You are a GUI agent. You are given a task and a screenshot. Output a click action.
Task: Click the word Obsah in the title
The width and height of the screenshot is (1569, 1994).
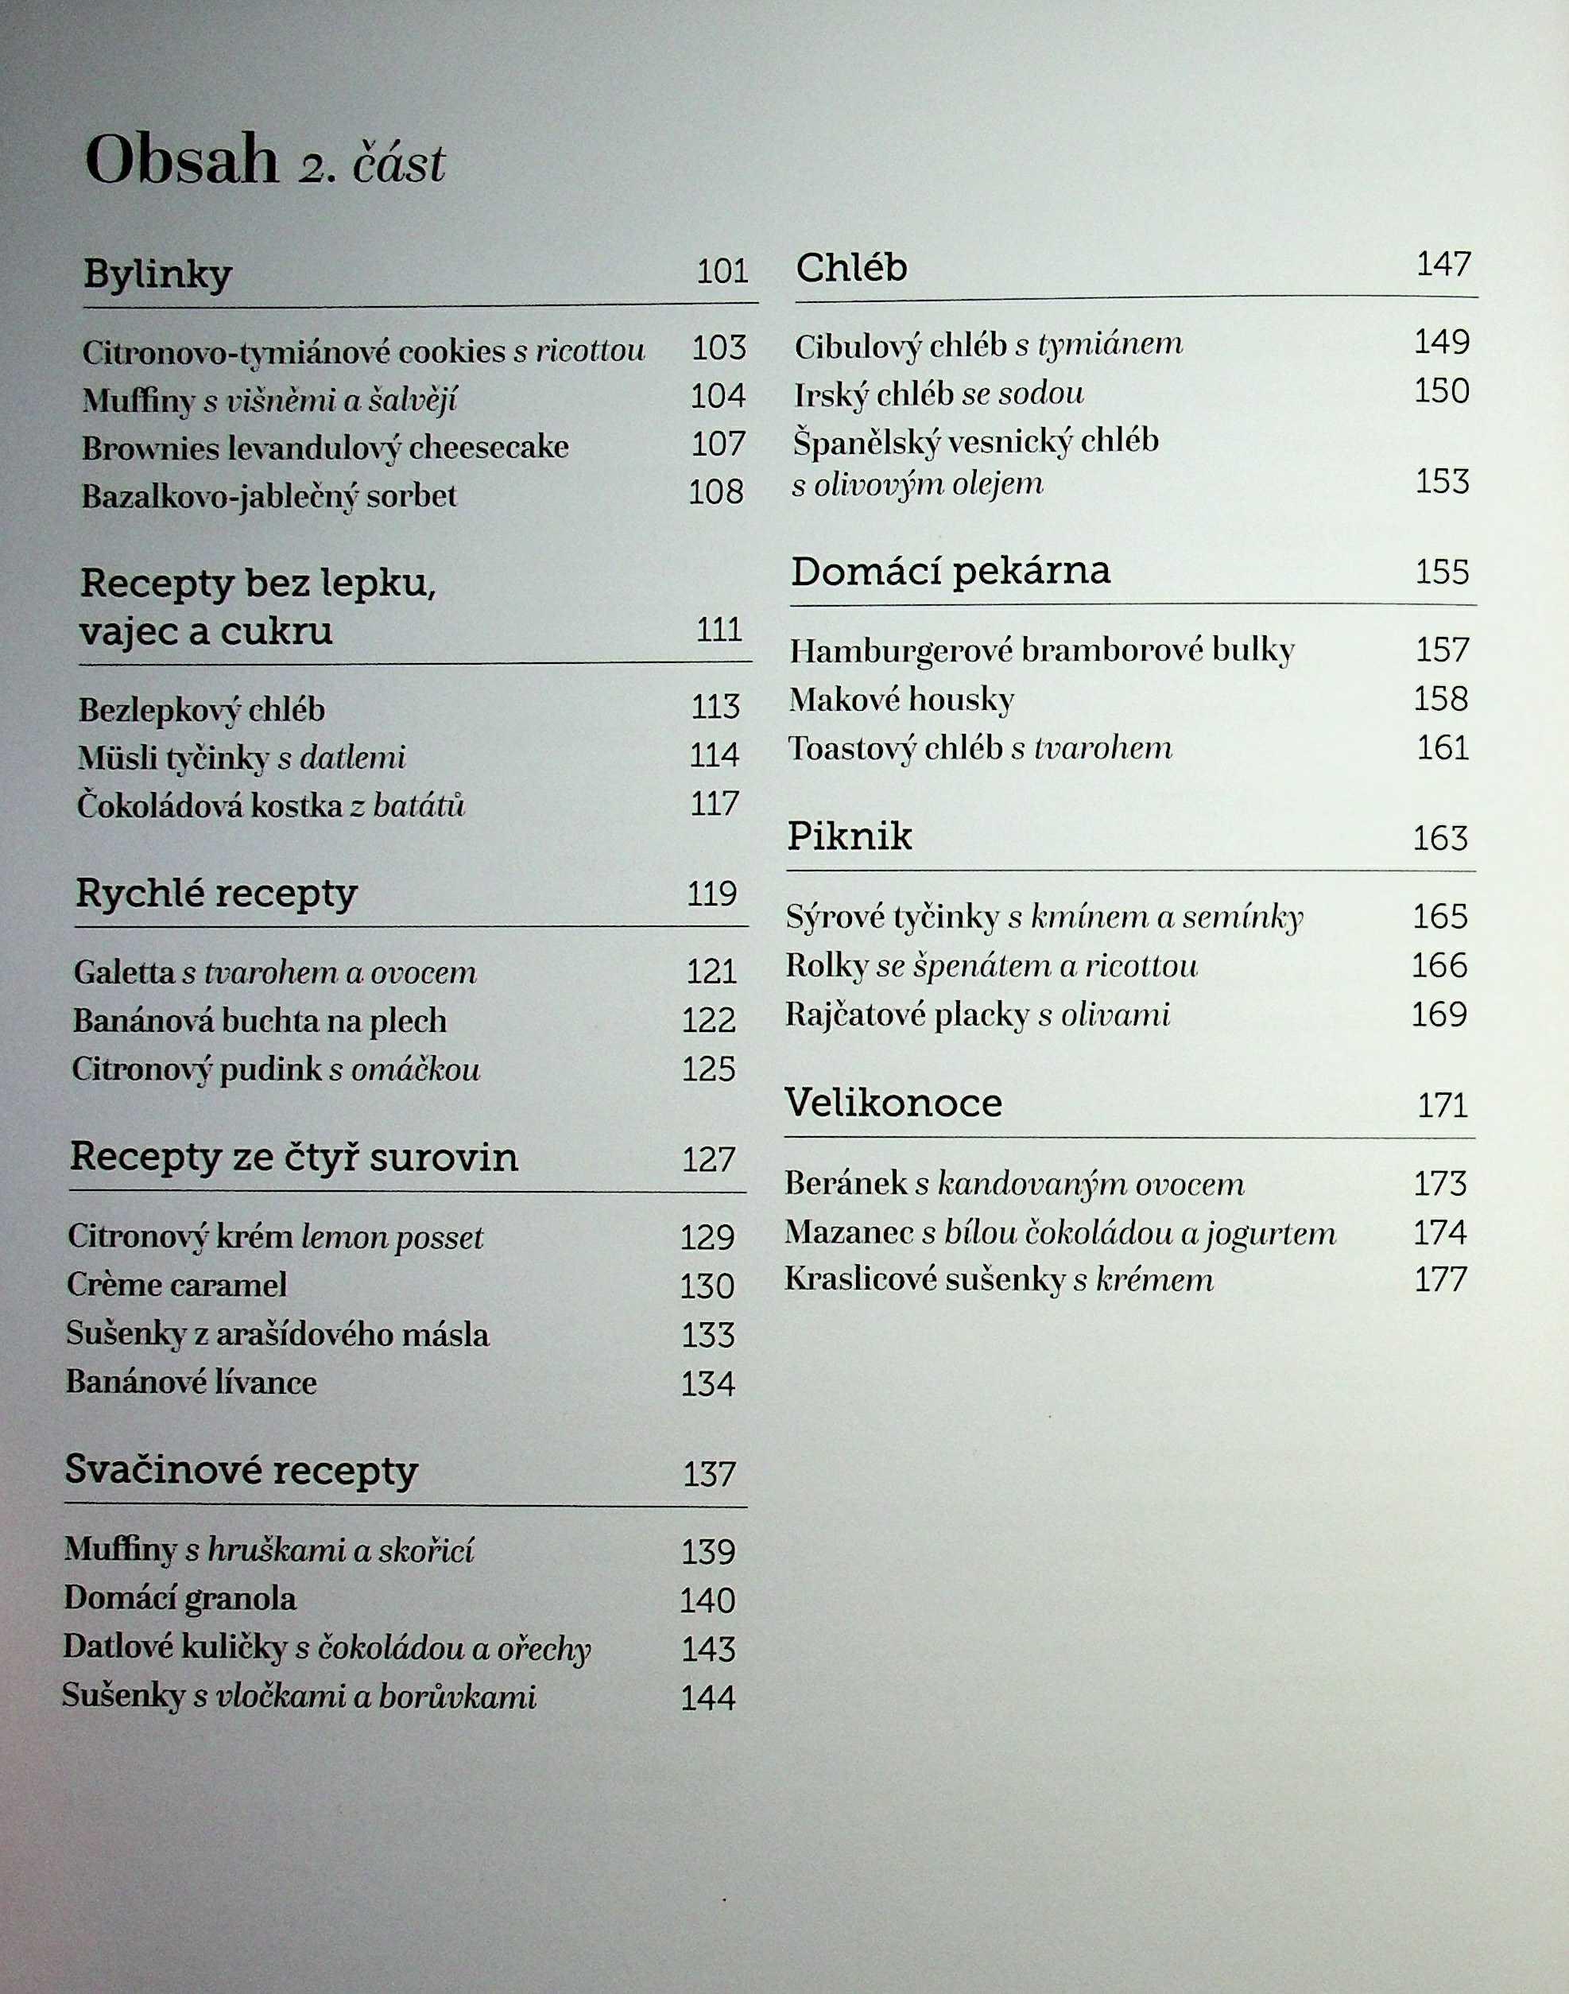(x=181, y=160)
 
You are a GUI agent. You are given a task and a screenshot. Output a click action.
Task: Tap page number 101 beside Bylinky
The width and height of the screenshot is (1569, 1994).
(x=722, y=271)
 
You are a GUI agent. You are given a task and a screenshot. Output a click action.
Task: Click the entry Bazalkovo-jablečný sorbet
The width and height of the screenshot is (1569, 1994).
(x=269, y=496)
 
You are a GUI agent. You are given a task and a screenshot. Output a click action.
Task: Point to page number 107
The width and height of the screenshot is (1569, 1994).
(x=718, y=444)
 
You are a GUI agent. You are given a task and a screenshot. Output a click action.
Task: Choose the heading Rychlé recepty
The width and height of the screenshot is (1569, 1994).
(x=216, y=893)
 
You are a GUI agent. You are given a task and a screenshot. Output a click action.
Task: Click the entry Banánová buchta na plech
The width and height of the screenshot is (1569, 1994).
(x=260, y=1021)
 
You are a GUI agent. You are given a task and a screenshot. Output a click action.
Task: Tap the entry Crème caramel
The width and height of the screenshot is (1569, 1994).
(x=176, y=1285)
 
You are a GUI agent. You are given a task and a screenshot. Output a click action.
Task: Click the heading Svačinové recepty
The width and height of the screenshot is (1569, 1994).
(x=242, y=1471)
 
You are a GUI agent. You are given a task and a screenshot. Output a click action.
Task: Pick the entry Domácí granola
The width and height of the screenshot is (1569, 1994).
(x=180, y=1599)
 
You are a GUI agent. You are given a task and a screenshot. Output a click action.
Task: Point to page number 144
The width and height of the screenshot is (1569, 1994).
(x=707, y=1697)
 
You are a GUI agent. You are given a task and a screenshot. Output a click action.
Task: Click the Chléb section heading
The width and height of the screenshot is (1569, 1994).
(x=850, y=267)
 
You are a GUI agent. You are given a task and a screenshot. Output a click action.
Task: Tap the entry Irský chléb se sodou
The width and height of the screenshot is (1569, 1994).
(x=939, y=394)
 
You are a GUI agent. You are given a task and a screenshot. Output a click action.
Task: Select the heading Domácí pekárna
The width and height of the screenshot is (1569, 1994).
(x=951, y=571)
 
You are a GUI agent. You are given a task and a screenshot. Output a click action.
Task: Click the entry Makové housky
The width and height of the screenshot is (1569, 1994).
(x=901, y=700)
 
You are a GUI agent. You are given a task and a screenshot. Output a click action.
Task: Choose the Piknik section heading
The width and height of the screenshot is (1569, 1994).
(x=850, y=836)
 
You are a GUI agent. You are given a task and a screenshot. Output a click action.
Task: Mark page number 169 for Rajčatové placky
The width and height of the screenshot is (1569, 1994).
(x=1439, y=1014)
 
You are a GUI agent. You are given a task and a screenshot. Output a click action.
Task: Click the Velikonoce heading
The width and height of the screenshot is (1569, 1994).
(x=893, y=1103)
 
